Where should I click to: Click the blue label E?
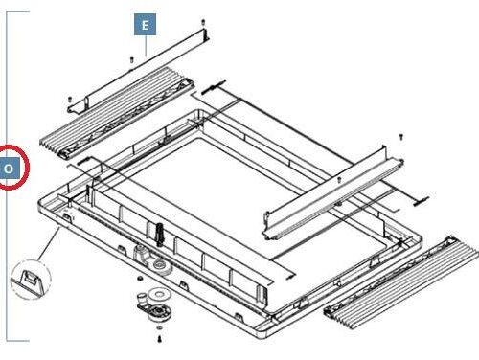point(144,26)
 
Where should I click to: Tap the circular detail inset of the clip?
point(29,281)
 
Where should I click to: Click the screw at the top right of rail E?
point(204,22)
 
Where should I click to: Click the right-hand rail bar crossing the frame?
point(326,196)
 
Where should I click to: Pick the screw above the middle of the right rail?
point(340,179)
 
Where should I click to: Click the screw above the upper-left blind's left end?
point(71,98)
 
